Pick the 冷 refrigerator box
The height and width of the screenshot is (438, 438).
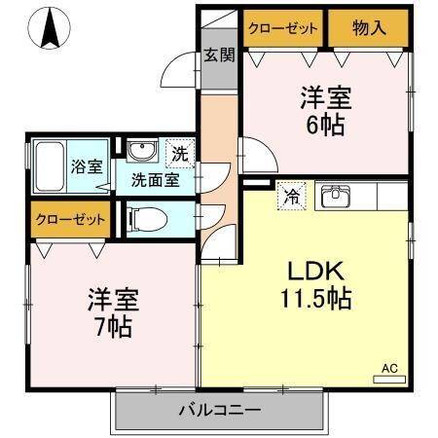click(289, 195)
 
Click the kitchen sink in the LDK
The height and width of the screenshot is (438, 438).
click(340, 195)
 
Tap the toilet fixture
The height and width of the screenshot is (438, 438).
click(144, 217)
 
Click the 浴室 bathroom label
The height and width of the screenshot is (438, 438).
click(86, 165)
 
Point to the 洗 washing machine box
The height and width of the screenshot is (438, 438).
click(181, 152)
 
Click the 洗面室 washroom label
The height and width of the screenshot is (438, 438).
click(156, 179)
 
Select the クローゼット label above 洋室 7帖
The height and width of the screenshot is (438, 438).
click(70, 219)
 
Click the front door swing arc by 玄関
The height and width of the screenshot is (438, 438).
click(181, 71)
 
